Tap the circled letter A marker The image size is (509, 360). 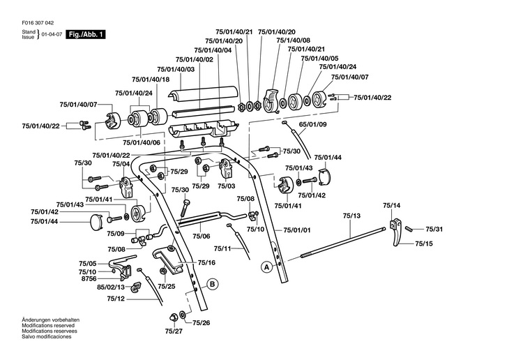[266, 267]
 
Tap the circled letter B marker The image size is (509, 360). [211, 284]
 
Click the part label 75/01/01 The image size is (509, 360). [297, 230]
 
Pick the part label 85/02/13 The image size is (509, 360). [111, 287]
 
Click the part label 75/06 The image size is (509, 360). [202, 237]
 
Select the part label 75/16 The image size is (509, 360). [206, 263]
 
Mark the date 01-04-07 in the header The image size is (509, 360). [51, 33]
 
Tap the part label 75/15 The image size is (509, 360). [424, 243]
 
